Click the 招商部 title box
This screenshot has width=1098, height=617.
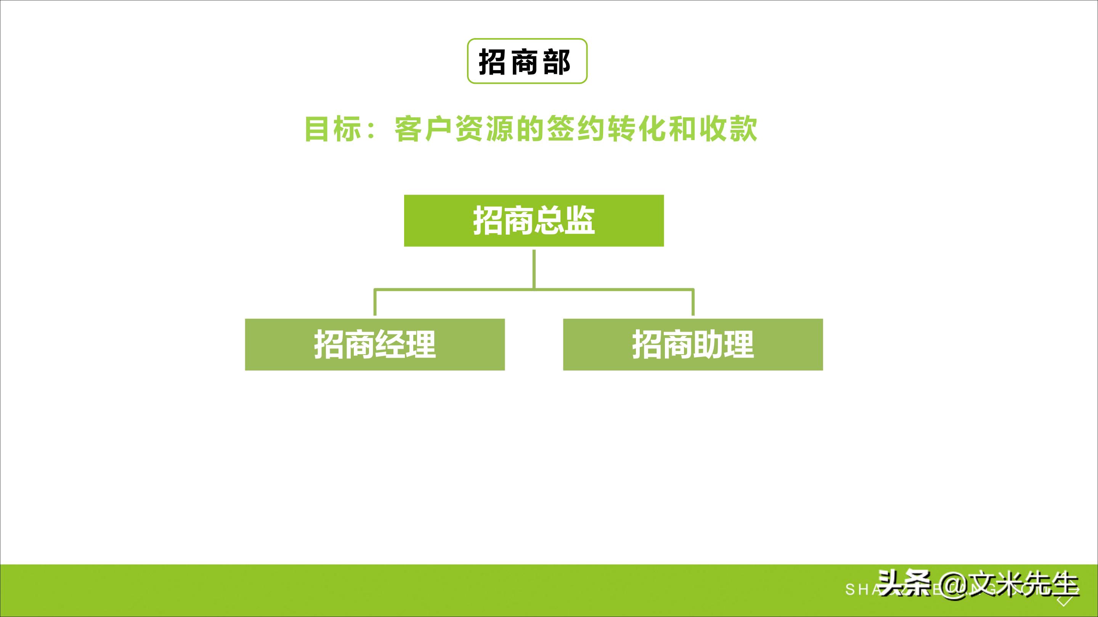coord(527,61)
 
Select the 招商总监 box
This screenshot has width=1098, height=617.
coord(534,221)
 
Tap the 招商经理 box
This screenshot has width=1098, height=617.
coord(375,344)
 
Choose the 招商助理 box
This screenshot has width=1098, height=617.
coord(693,344)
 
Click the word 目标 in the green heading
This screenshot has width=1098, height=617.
coord(333,129)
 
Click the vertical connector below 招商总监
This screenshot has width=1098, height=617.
coord(534,268)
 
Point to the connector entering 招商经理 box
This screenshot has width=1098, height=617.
coord(375,303)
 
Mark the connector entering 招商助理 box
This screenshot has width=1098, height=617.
coord(693,303)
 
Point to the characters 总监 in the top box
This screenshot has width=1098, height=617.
coord(564,221)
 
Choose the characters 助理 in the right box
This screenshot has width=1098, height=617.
coord(723,344)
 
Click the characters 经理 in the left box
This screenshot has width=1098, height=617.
coord(405,344)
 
